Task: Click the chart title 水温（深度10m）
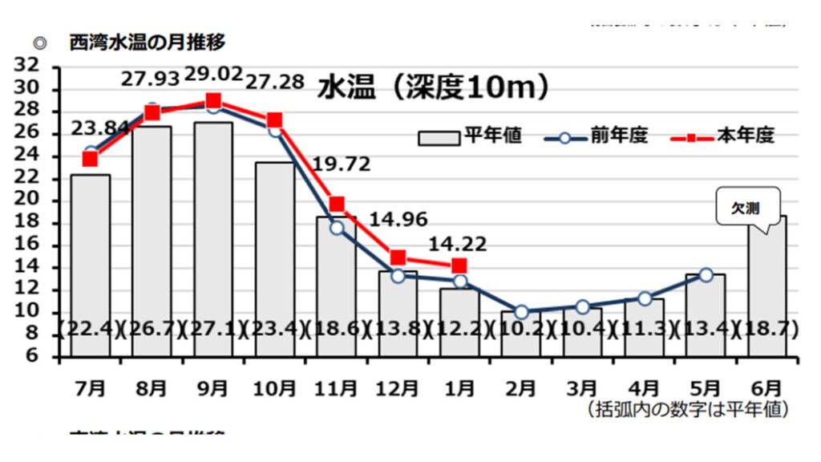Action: pyautogui.click(x=434, y=87)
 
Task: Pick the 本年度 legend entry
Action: pyautogui.click(x=722, y=136)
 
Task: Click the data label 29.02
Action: pyautogui.click(x=213, y=75)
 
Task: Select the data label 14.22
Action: pyautogui.click(x=459, y=245)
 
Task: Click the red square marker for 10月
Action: pyautogui.click(x=275, y=121)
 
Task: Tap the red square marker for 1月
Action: pyautogui.click(x=459, y=265)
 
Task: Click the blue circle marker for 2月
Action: pyautogui.click(x=521, y=312)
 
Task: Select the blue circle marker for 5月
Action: pyautogui.click(x=706, y=275)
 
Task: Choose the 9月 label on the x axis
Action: pyautogui.click(x=212, y=388)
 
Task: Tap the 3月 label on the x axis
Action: pyautogui.click(x=582, y=388)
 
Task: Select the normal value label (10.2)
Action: pyautogui.click(x=521, y=330)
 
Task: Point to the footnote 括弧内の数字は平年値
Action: pyautogui.click(x=689, y=410)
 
